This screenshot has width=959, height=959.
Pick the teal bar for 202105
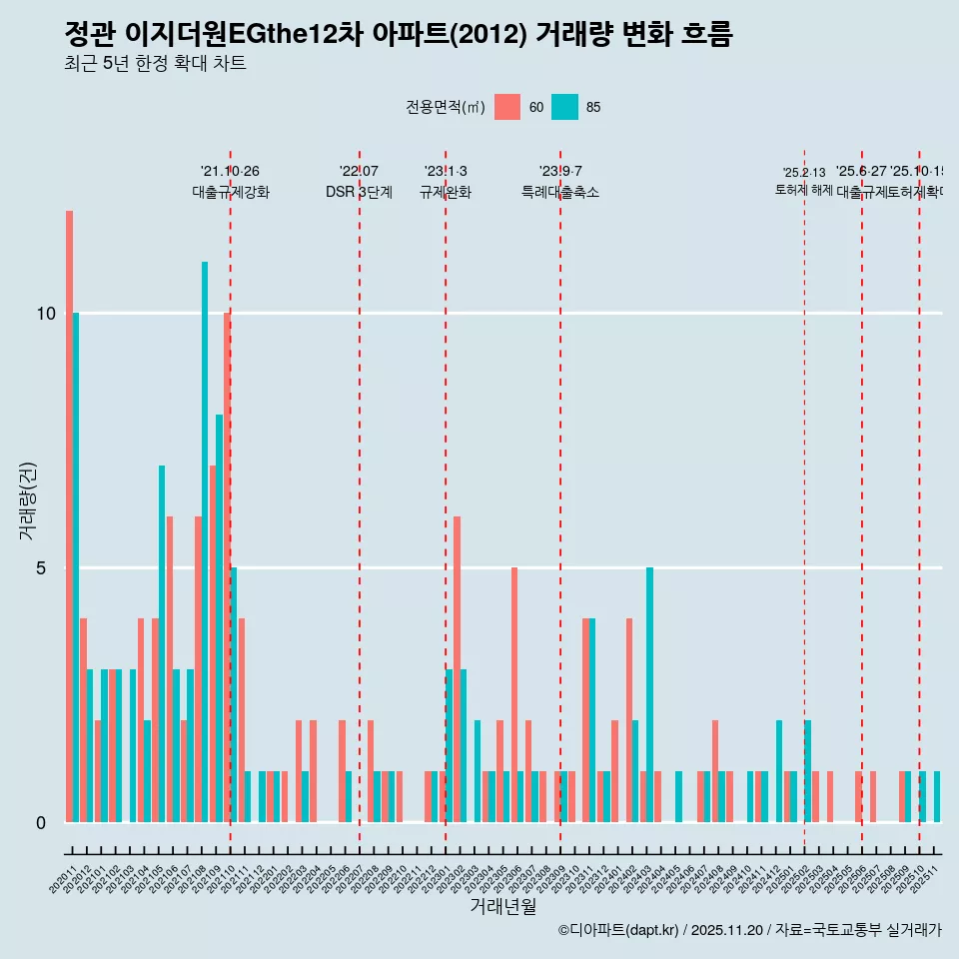(x=162, y=643)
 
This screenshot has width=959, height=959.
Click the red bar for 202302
(x=457, y=669)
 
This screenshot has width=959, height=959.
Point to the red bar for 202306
(x=514, y=694)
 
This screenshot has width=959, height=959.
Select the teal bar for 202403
(x=649, y=694)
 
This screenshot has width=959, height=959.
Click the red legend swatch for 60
(x=507, y=107)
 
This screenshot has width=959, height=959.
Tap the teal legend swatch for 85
(x=564, y=107)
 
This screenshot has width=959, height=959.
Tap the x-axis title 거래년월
(x=503, y=907)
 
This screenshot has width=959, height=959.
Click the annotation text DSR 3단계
(x=359, y=192)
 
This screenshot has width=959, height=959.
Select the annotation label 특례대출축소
(x=560, y=192)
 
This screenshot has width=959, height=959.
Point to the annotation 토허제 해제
(x=804, y=189)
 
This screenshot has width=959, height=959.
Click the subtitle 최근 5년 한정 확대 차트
(x=155, y=64)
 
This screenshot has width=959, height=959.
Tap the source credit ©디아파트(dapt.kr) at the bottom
(x=619, y=930)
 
